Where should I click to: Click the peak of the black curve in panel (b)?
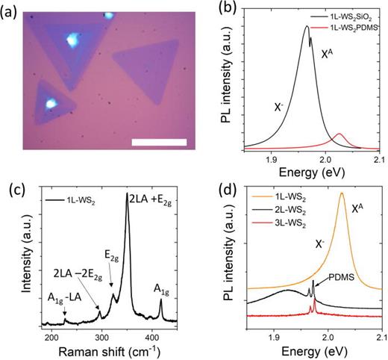click(x=307, y=26)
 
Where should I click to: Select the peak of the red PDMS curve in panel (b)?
click(x=339, y=134)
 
